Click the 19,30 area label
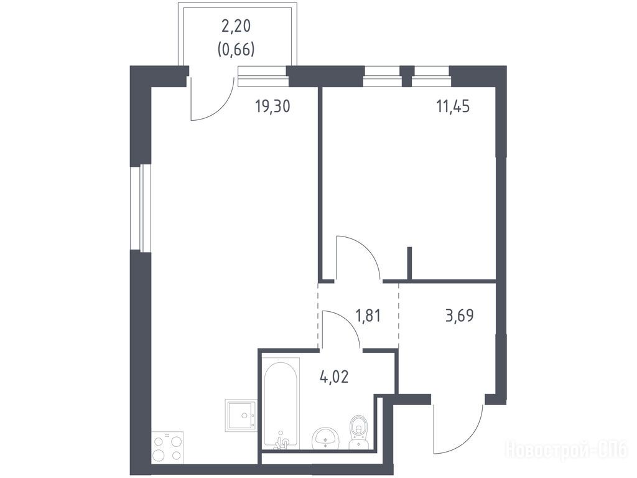point(272,106)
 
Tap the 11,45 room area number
point(453,106)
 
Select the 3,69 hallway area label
point(460,316)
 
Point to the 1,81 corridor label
point(368,316)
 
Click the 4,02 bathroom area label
point(334,377)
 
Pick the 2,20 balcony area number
point(236,26)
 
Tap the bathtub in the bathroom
point(281,403)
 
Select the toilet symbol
point(359,432)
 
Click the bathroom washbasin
point(326,438)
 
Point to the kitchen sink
point(241,415)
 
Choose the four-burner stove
point(167,448)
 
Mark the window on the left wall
point(141,208)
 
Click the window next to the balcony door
point(263,77)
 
